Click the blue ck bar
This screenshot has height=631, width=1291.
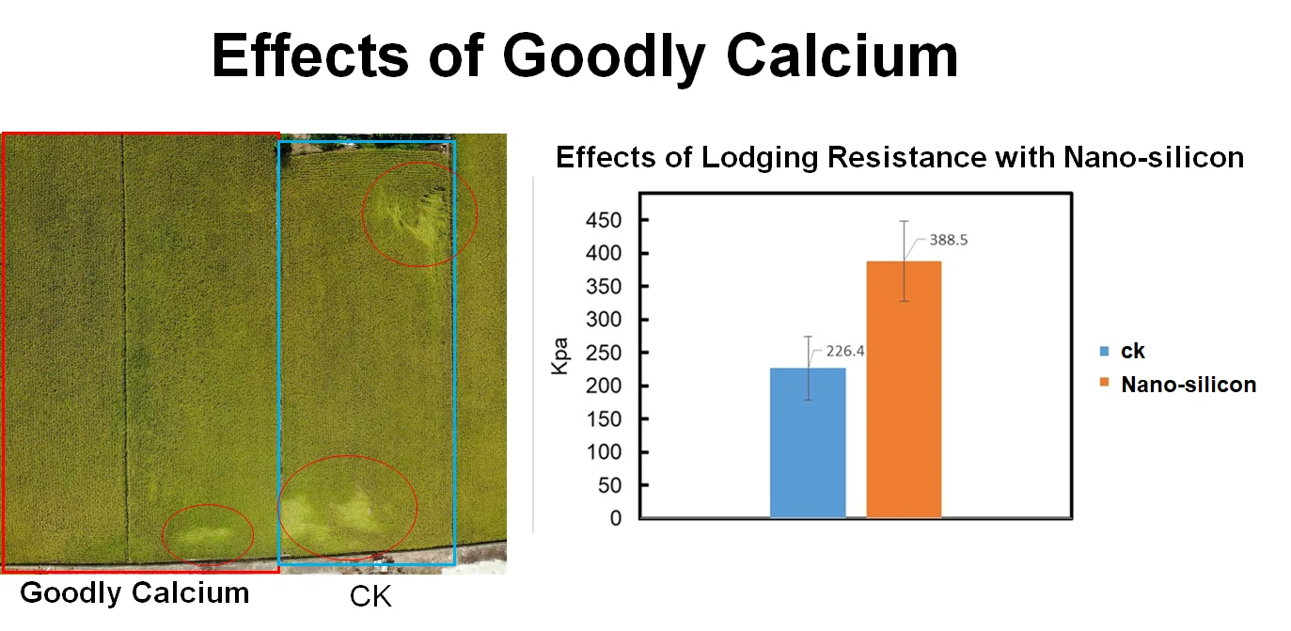coord(808,442)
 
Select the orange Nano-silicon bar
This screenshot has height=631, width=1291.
coord(904,389)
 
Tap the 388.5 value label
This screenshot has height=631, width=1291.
coord(949,240)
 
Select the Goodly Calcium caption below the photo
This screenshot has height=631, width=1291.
coord(134,593)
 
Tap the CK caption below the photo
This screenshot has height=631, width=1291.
coord(370,596)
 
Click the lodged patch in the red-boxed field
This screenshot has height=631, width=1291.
coord(208,534)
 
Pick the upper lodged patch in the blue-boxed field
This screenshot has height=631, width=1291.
coord(419,213)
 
